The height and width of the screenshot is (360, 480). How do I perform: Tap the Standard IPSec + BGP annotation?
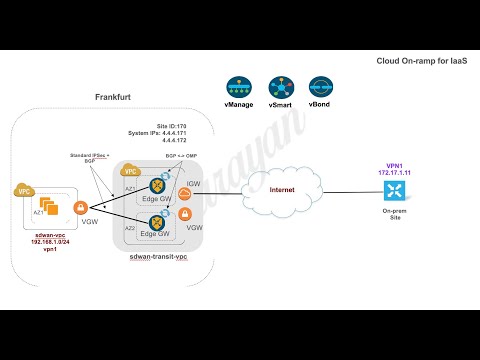(x=90, y=157)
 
